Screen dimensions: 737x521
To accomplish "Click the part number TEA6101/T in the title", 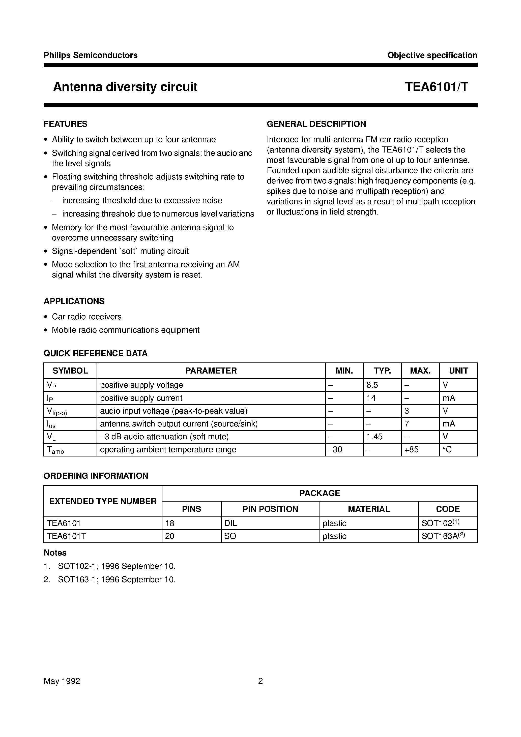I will (436, 87).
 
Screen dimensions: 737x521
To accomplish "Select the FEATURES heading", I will (66, 124).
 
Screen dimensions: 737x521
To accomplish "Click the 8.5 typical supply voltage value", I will (372, 385).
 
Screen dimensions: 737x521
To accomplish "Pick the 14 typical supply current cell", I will (371, 398).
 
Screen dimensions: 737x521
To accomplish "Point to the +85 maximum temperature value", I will (412, 449).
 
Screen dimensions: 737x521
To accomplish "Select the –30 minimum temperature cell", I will (335, 449).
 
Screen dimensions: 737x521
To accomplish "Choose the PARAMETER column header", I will (211, 371).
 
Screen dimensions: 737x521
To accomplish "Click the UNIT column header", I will (458, 371).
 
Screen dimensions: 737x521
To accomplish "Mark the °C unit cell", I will (447, 449).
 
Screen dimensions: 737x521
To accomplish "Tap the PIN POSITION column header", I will (270, 509).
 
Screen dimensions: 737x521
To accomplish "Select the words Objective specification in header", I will (432, 55).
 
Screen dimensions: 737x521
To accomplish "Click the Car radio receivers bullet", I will (87, 317).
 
